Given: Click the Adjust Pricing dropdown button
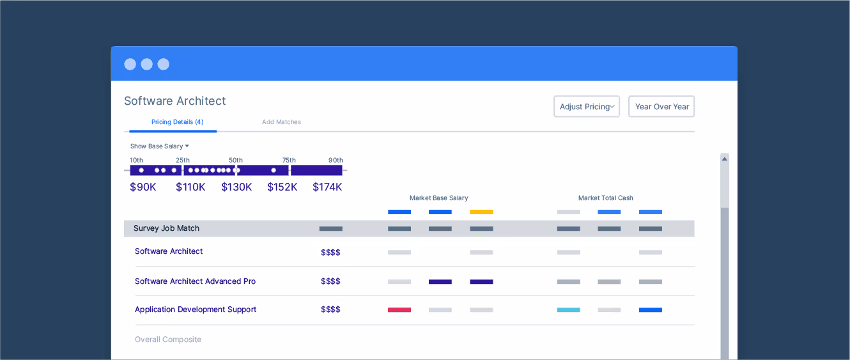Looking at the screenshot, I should pyautogui.click(x=586, y=107).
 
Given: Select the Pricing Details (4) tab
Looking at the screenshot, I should pyautogui.click(x=177, y=122).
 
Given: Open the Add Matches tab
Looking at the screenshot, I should pyautogui.click(x=281, y=122).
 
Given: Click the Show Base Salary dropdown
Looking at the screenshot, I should pyautogui.click(x=160, y=146).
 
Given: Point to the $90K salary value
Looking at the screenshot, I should pyautogui.click(x=143, y=187).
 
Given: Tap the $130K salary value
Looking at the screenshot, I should pyautogui.click(x=236, y=187).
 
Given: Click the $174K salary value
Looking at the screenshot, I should pyautogui.click(x=327, y=187).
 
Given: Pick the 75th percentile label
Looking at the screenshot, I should pyautogui.click(x=289, y=160).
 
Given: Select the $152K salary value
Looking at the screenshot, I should pyautogui.click(x=282, y=187).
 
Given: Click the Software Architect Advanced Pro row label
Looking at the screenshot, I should pyautogui.click(x=195, y=281).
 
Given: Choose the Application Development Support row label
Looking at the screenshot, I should pyautogui.click(x=196, y=309).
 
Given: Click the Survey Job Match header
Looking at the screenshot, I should pyautogui.click(x=166, y=228).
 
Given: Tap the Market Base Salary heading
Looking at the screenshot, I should pyautogui.click(x=438, y=198).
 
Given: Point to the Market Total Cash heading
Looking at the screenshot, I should pyautogui.click(x=605, y=198).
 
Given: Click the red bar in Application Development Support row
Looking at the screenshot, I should pyautogui.click(x=399, y=310).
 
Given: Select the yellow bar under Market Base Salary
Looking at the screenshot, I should pyautogui.click(x=481, y=212).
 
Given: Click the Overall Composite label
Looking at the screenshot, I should pyautogui.click(x=168, y=340).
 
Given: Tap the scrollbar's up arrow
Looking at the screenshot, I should pyautogui.click(x=724, y=159).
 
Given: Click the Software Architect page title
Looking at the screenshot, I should pyautogui.click(x=174, y=101).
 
